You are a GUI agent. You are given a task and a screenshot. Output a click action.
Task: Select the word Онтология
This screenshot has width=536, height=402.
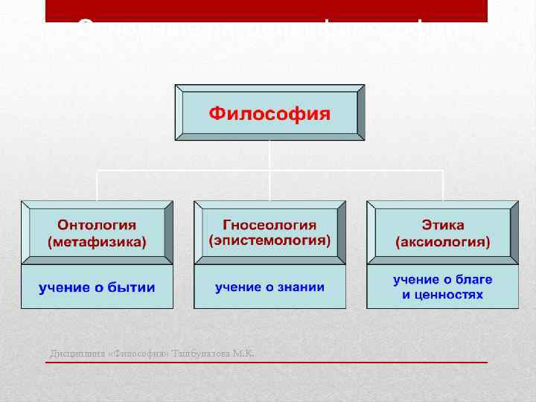(x=97, y=225)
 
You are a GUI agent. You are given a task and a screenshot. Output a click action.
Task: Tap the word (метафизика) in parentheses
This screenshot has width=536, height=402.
(x=97, y=242)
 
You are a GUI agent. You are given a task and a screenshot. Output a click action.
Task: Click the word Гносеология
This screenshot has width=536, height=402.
(x=269, y=225)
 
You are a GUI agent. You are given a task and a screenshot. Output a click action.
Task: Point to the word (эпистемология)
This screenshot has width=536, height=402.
(x=269, y=241)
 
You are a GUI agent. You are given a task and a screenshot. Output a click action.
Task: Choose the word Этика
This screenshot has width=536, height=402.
(x=442, y=225)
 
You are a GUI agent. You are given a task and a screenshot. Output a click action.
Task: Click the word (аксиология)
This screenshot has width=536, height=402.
(x=442, y=242)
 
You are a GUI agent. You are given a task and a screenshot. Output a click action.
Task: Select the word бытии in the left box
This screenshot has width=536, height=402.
(x=130, y=287)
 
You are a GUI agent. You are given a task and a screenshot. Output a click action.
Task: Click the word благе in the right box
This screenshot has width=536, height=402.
(x=473, y=279)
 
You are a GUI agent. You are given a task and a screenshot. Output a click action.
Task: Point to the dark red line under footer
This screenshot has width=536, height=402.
(x=268, y=362)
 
